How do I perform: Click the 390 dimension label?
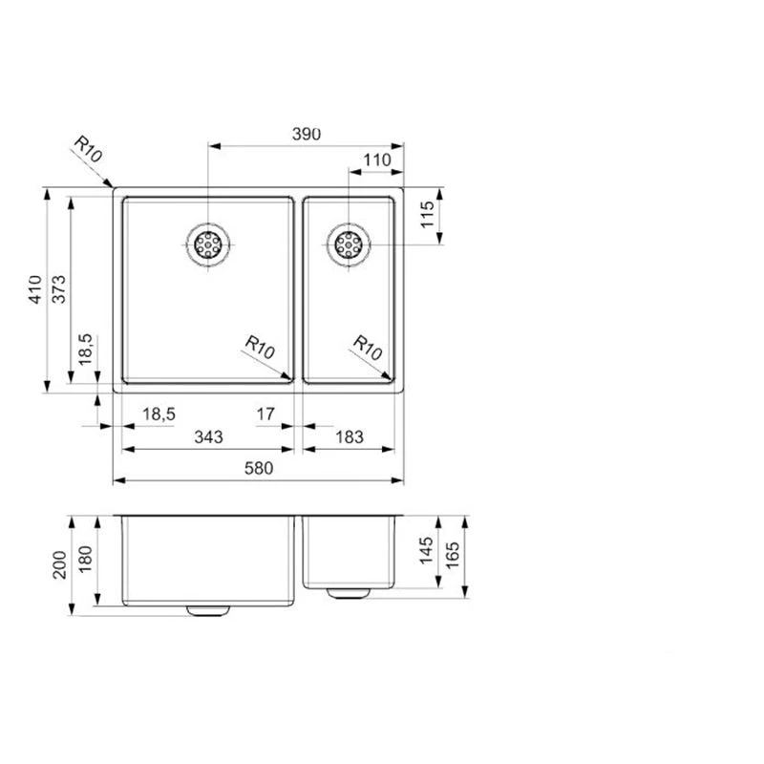click(x=306, y=135)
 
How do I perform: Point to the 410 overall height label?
click(x=34, y=289)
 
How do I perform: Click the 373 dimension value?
click(x=58, y=289)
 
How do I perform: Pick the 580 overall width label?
click(x=258, y=468)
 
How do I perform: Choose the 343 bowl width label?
click(x=208, y=437)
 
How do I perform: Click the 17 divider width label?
click(x=265, y=414)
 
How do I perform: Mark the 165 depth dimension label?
click(x=453, y=553)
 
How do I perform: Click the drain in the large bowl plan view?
click(x=207, y=245)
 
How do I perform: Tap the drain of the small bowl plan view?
click(x=349, y=244)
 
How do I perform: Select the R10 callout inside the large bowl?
click(x=260, y=346)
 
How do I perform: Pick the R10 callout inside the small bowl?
click(x=368, y=346)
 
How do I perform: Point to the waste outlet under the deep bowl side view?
click(x=207, y=609)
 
